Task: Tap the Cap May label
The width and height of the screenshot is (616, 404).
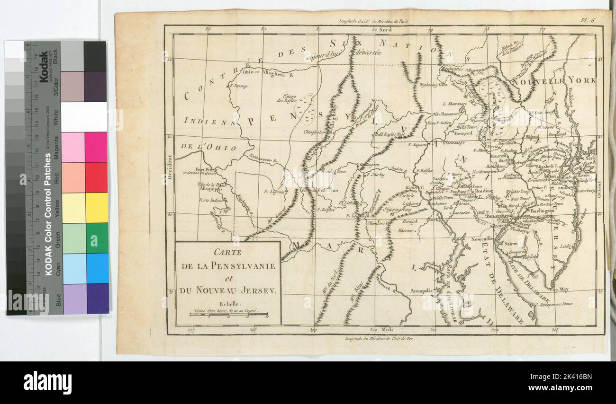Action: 560,289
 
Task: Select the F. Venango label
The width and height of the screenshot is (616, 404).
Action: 238,86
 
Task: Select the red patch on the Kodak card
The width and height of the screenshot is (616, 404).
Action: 96,177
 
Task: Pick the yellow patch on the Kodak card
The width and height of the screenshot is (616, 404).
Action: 96,208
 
